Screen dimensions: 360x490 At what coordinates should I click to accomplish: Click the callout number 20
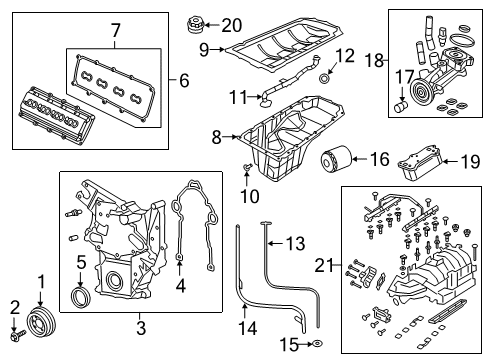pyautogui.click(x=231, y=24)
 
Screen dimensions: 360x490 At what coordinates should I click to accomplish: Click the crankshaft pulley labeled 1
pyautogui.click(x=41, y=327)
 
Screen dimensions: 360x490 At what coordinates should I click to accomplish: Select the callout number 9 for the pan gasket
pyautogui.click(x=204, y=48)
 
